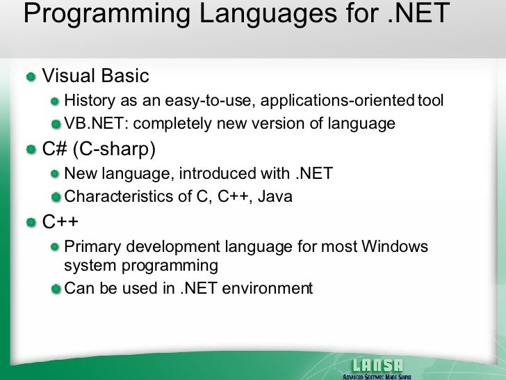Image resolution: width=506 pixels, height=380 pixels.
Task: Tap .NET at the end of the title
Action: coord(415,13)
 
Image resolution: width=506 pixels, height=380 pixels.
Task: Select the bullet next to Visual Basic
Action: coord(32,76)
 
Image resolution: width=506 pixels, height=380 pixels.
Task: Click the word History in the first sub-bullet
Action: coord(88,102)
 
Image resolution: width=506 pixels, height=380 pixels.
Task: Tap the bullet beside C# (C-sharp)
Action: coord(32,149)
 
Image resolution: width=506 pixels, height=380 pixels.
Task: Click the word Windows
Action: coord(395,247)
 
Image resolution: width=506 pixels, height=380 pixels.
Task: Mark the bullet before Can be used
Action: coord(56,288)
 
